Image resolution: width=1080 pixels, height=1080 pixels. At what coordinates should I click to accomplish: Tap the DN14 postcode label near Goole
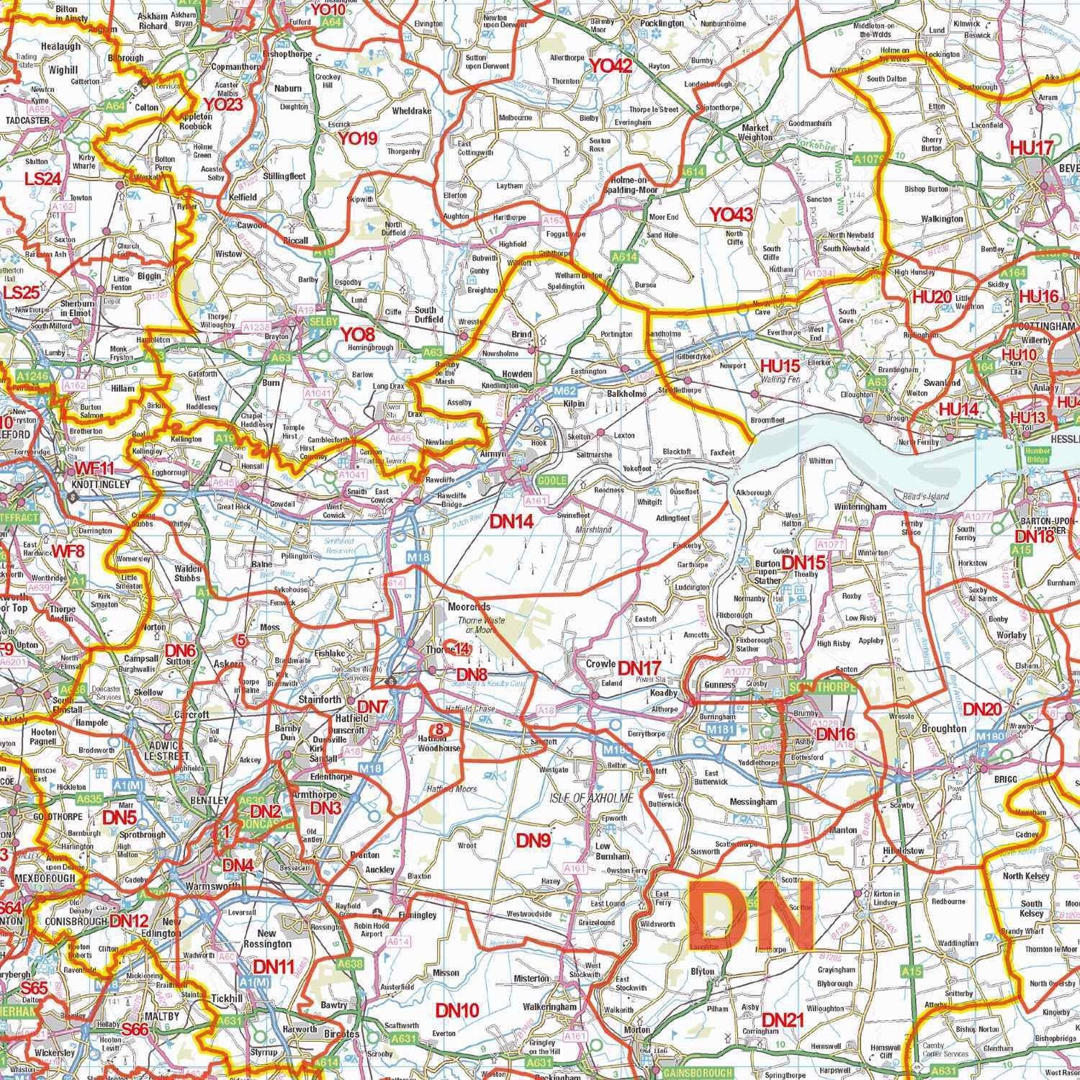coord(512,522)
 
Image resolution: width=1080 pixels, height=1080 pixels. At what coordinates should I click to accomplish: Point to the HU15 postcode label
coord(781,365)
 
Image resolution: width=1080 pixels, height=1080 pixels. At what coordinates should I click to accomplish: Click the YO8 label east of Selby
coord(358,334)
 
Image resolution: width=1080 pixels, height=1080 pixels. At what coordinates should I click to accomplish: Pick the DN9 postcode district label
coord(534,840)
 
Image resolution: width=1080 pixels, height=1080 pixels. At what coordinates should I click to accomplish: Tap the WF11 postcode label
coord(94,469)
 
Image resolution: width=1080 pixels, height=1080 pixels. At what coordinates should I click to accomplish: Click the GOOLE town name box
coord(552,480)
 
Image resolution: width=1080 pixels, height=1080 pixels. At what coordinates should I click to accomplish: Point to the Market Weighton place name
coord(755,132)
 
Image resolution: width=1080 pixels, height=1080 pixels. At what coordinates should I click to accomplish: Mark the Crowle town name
coord(600,663)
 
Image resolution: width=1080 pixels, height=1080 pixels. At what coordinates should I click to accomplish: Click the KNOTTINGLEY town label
coord(101,485)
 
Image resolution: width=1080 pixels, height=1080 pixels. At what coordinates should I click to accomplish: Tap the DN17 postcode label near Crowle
coord(639,667)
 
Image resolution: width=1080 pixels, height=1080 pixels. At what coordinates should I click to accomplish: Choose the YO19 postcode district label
coord(358,138)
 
